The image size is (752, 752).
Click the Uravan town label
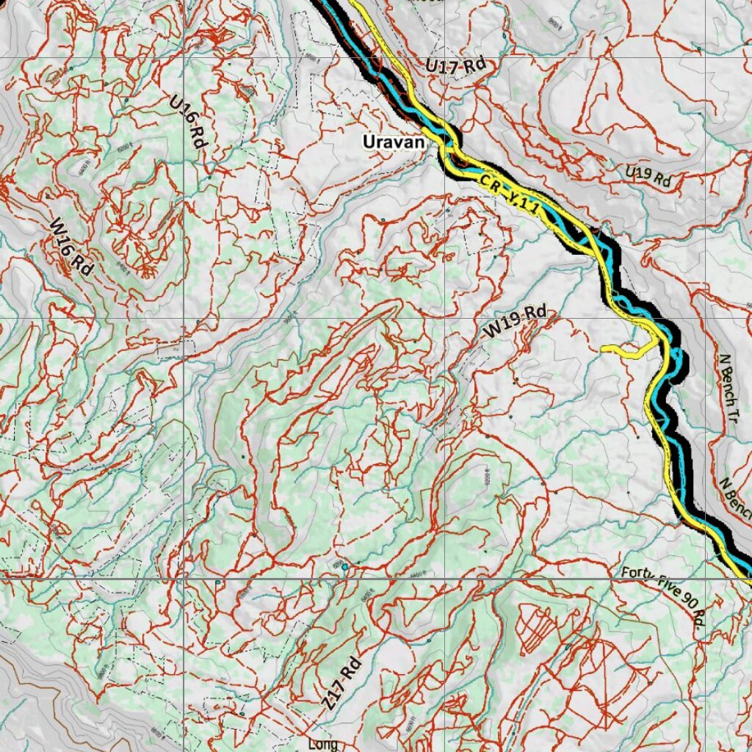click(394, 142)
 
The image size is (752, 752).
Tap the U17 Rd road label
click(456, 65)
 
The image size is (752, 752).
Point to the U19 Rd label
click(648, 176)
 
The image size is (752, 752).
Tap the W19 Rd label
click(515, 322)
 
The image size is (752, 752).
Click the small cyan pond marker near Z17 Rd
click(344, 566)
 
